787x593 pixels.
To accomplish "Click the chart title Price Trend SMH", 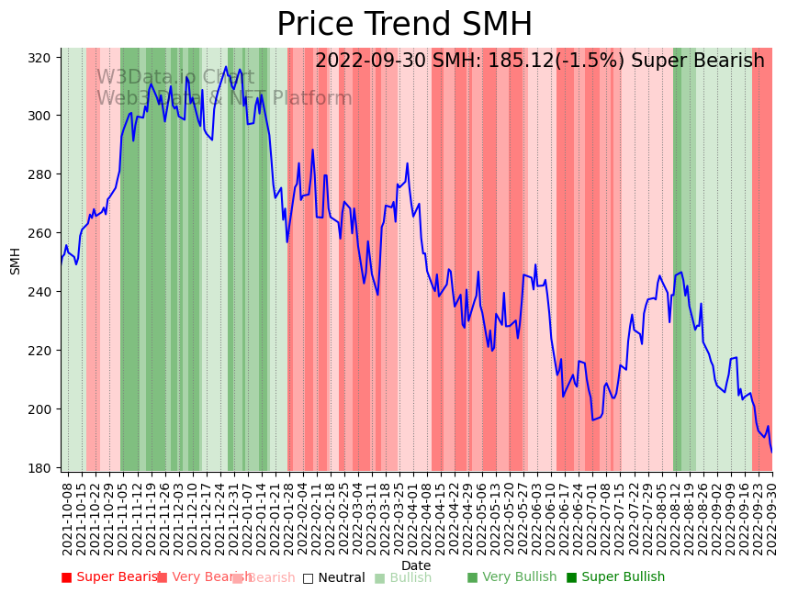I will click(x=404, y=25).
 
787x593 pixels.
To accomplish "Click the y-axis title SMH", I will click(x=16, y=261).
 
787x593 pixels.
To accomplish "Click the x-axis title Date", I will click(x=416, y=565).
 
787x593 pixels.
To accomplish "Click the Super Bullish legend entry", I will click(x=614, y=577).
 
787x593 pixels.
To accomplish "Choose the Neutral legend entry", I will click(x=333, y=578).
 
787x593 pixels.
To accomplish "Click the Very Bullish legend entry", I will click(x=512, y=577).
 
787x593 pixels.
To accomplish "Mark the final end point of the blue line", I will click(x=771, y=451).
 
